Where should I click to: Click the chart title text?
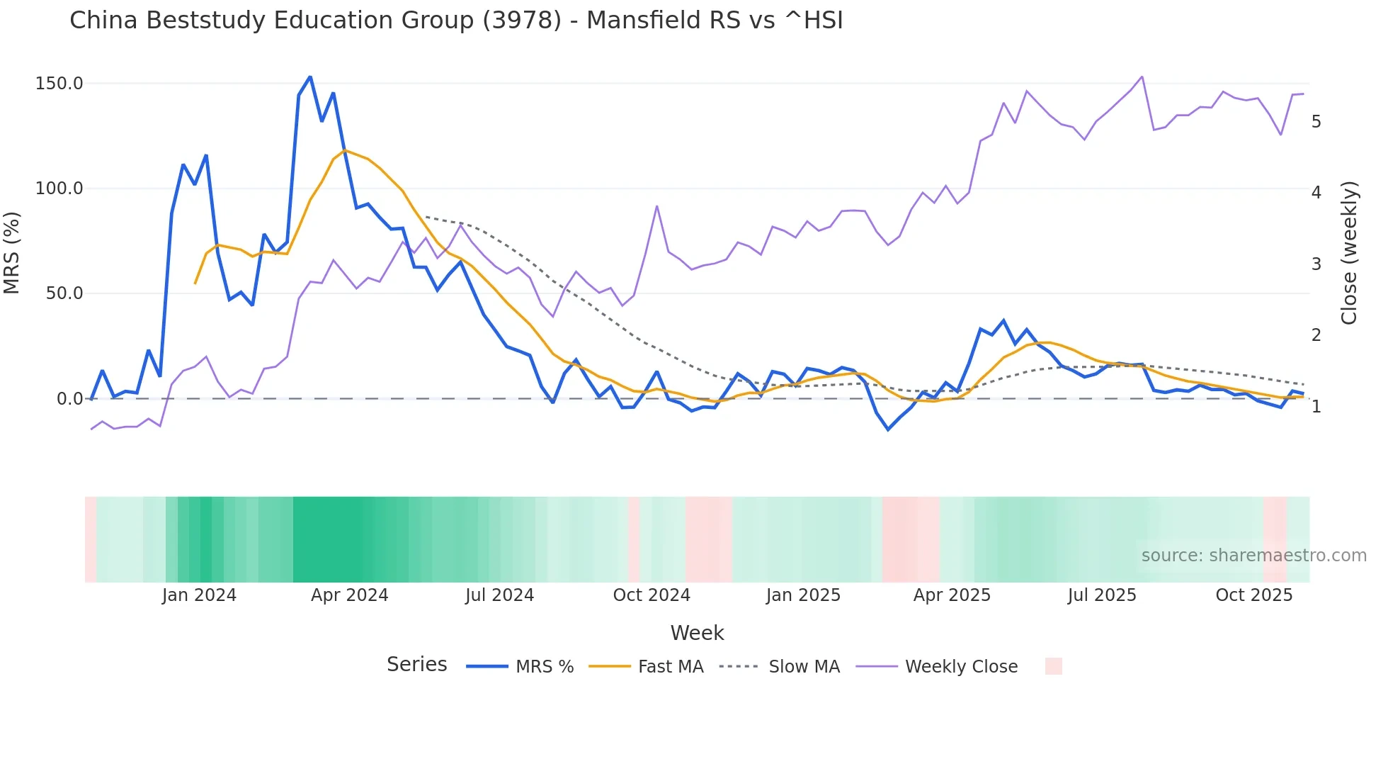point(456,21)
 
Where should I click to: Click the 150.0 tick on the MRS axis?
point(59,84)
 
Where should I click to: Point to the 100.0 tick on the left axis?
point(59,189)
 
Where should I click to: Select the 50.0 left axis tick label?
point(64,293)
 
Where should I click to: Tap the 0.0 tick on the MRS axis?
point(69,399)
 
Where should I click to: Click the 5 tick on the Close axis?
point(1316,122)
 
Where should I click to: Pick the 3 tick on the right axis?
point(1316,264)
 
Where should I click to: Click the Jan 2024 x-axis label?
point(199,595)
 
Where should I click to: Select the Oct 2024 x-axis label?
point(652,595)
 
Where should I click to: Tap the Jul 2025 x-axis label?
point(1102,595)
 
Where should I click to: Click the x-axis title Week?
point(697,633)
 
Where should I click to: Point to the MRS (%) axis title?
point(12,252)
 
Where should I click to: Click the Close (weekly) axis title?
point(1349,253)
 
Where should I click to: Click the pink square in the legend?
point(1053,666)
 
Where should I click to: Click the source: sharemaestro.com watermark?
point(1253,556)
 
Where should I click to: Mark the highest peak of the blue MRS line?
point(310,77)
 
